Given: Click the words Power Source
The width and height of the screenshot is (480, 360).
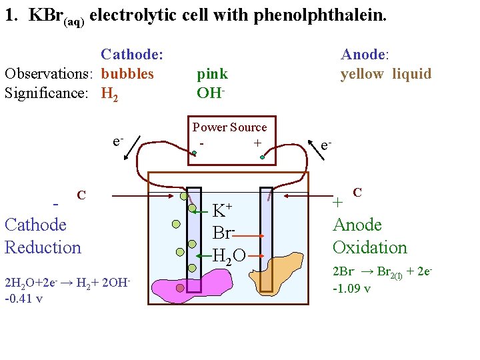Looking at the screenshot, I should (x=229, y=127).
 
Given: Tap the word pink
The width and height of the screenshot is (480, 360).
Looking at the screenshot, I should (x=212, y=74).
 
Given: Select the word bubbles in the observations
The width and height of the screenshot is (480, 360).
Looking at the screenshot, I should (x=127, y=73).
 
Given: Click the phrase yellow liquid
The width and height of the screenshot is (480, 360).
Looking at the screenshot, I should (x=386, y=74).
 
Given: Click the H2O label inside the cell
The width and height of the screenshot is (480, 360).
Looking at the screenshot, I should (x=229, y=254).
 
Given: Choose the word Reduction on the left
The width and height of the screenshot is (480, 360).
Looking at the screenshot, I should (x=43, y=247).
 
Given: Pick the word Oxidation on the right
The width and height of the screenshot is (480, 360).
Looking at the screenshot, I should (x=369, y=247).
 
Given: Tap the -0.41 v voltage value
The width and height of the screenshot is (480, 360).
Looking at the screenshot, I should (x=23, y=298).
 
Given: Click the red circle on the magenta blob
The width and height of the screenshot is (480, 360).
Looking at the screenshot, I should (x=180, y=288).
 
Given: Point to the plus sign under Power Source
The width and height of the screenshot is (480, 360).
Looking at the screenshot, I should (x=257, y=143).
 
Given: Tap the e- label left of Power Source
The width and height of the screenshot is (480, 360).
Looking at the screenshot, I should (x=117, y=141).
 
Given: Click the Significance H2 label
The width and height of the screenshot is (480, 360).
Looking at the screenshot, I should (x=110, y=93).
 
